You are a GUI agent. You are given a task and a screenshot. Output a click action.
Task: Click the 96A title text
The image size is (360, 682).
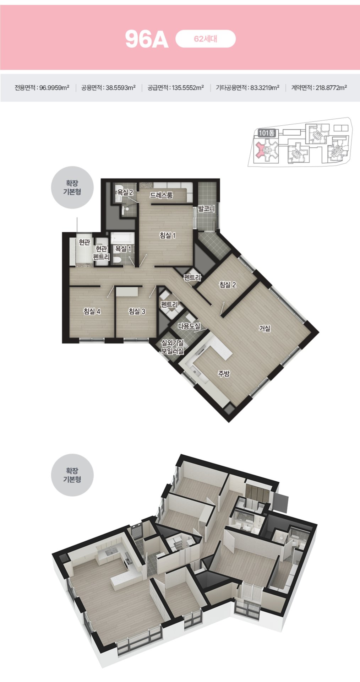click(147, 39)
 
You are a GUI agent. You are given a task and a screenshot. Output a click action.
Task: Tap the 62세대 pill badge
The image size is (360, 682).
click(206, 39)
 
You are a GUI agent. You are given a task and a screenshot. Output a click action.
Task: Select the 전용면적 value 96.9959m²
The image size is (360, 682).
click(54, 88)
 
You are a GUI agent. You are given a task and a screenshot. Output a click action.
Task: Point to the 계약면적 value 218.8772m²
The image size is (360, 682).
click(331, 88)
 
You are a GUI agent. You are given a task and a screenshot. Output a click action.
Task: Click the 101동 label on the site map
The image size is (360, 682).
click(267, 133)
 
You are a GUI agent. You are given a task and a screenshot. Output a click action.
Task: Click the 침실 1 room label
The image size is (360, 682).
click(168, 235)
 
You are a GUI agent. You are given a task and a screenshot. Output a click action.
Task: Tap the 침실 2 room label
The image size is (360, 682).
click(228, 285)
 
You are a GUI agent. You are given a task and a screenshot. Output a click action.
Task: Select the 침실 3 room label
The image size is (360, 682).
click(137, 312)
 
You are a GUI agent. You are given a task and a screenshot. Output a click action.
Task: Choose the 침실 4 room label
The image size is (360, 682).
click(92, 312)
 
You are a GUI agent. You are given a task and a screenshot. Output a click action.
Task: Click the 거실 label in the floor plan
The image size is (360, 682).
click(264, 328)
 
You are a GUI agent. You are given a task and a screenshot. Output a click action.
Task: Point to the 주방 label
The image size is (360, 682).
click(224, 373)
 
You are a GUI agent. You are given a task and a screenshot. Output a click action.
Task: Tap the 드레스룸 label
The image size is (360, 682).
click(161, 195)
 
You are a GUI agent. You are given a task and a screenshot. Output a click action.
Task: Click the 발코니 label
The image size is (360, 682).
click(206, 209)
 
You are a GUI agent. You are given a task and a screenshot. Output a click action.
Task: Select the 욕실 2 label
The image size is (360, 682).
click(125, 193)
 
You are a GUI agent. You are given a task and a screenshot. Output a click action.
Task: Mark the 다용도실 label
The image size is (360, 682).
click(189, 326)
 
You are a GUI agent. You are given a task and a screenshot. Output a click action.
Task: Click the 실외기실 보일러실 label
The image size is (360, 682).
click(173, 347)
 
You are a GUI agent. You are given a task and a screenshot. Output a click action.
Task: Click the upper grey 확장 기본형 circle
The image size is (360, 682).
click(72, 188)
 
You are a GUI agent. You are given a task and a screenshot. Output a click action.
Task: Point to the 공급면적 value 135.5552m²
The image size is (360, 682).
click(188, 88)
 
